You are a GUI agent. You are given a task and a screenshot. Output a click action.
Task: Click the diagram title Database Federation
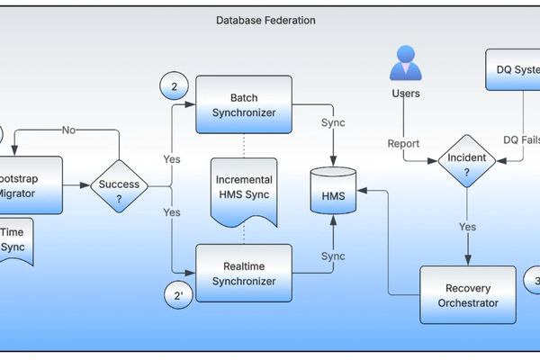click(x=265, y=20)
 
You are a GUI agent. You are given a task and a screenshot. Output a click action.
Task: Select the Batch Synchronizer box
click(x=244, y=104)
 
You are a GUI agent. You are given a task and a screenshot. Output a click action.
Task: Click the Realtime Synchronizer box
click(x=244, y=274)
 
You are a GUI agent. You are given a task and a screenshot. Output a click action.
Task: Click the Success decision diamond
click(x=119, y=187)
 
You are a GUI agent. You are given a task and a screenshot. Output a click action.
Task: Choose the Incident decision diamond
click(x=466, y=161)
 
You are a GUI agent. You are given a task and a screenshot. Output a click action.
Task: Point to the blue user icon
click(x=405, y=61)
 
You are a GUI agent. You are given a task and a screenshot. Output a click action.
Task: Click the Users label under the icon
click(x=405, y=94)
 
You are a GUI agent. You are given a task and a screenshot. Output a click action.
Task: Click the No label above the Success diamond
click(x=68, y=130)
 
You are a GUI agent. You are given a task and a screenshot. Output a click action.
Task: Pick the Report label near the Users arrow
click(x=403, y=144)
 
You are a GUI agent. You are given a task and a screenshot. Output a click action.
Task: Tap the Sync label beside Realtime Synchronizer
click(x=333, y=256)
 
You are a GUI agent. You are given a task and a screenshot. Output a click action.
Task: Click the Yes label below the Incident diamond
click(x=466, y=228)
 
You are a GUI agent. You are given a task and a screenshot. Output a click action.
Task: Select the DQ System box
click(x=513, y=69)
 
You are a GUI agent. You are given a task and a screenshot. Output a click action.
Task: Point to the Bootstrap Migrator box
click(x=31, y=185)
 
